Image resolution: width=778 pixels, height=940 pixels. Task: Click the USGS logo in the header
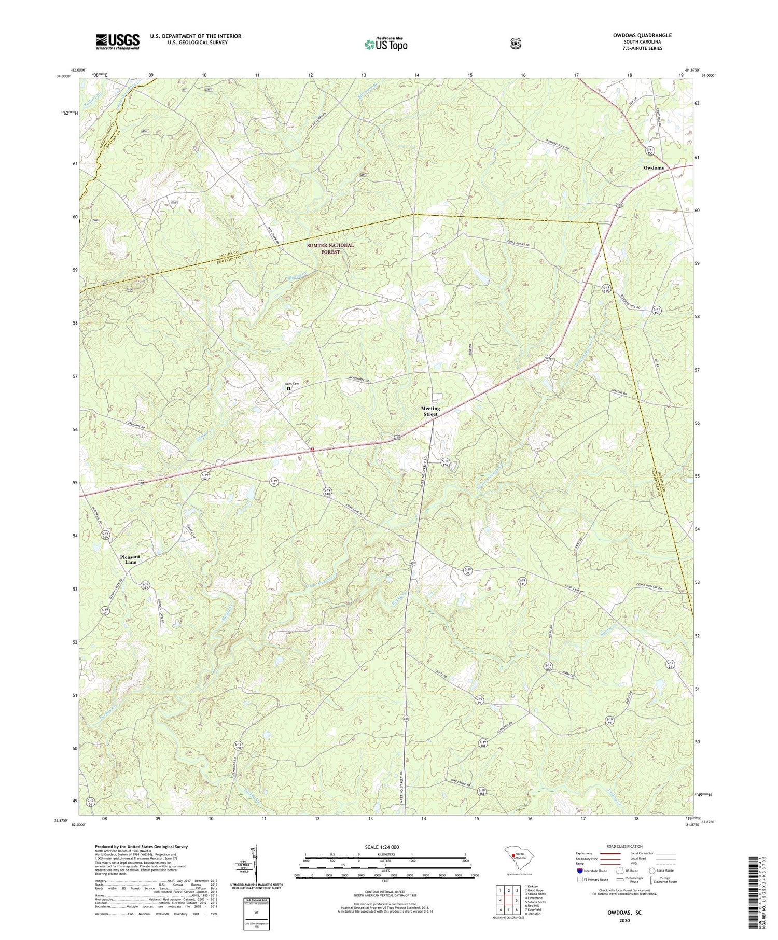point(117,41)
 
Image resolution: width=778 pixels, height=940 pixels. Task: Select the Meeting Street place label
point(430,411)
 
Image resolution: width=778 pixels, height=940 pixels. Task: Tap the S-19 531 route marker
point(522,582)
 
